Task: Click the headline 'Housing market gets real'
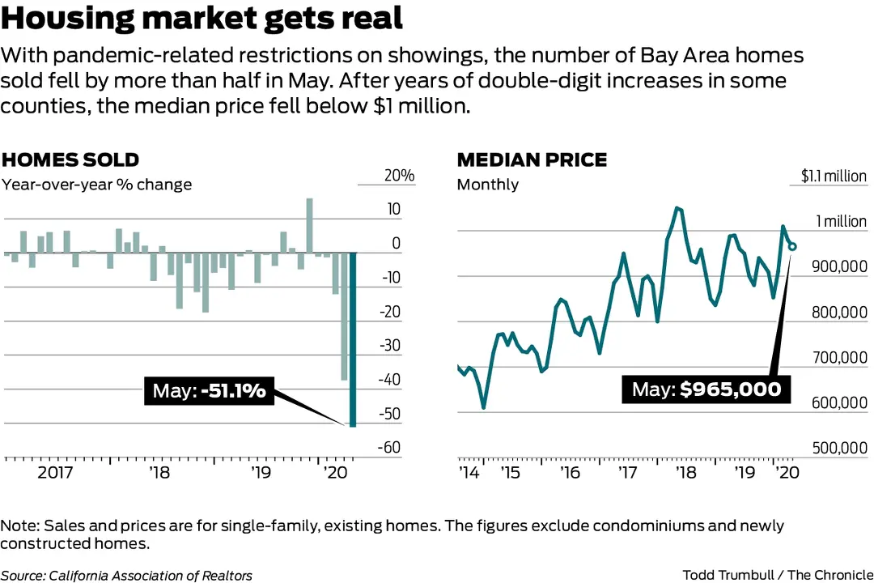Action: coord(202,18)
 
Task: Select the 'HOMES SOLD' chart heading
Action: coord(70,160)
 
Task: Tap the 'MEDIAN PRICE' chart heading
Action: coord(532,160)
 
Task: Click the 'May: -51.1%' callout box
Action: coord(209,391)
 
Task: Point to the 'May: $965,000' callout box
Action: coord(706,389)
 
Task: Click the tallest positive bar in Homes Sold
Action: coord(309,225)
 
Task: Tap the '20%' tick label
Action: coord(398,176)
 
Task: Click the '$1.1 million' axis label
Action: coord(834,176)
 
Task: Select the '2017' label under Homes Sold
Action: coord(55,472)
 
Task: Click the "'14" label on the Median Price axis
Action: coord(469,472)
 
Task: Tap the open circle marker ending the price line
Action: coord(792,246)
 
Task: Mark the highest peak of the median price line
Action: coord(677,208)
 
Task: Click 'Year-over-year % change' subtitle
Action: coord(96,184)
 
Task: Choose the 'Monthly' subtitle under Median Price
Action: coord(487,184)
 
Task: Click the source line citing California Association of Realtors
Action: coord(126,576)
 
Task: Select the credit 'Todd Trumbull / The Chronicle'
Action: coord(777,576)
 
